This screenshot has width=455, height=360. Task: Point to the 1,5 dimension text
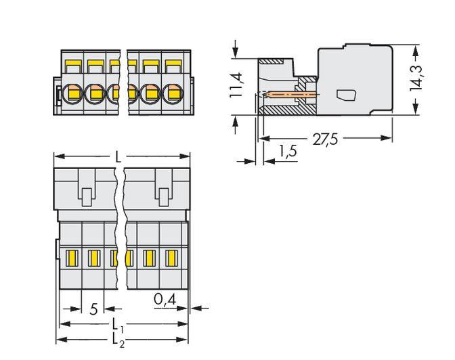[x=288, y=152]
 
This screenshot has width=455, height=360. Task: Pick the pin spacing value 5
[x=93, y=309]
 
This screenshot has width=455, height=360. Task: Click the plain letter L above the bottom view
[x=118, y=157]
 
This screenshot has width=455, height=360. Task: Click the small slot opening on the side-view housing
[x=345, y=95]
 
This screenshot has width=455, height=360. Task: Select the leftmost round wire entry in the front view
[x=73, y=92]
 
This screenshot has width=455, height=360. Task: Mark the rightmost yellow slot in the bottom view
[x=172, y=257]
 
